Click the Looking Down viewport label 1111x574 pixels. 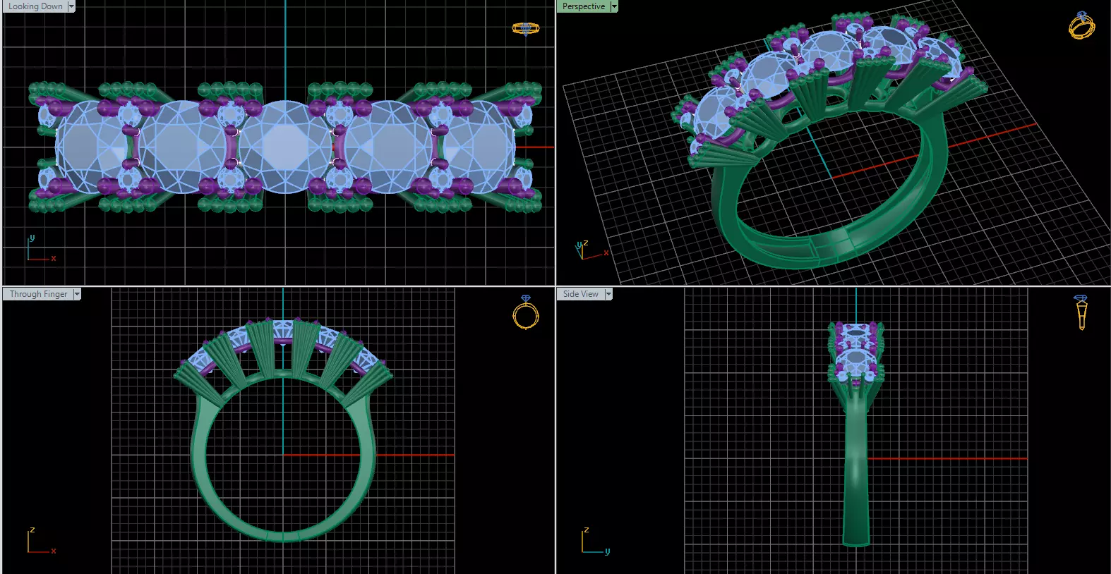pos(35,6)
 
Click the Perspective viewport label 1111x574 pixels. pos(583,6)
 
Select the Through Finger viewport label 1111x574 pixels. pos(38,294)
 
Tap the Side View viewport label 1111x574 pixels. pos(580,294)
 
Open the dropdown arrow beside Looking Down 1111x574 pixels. pos(71,6)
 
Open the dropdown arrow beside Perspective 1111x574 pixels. pos(614,6)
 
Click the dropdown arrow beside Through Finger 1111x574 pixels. pos(77,294)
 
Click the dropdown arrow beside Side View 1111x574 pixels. pos(608,294)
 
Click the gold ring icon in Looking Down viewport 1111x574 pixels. pos(525,29)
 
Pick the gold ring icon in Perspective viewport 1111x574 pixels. pos(1081,26)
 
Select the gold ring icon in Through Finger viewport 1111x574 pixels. pos(526,313)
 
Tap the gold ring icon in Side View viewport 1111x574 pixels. pos(1081,312)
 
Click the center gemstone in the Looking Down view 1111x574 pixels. pos(284,147)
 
